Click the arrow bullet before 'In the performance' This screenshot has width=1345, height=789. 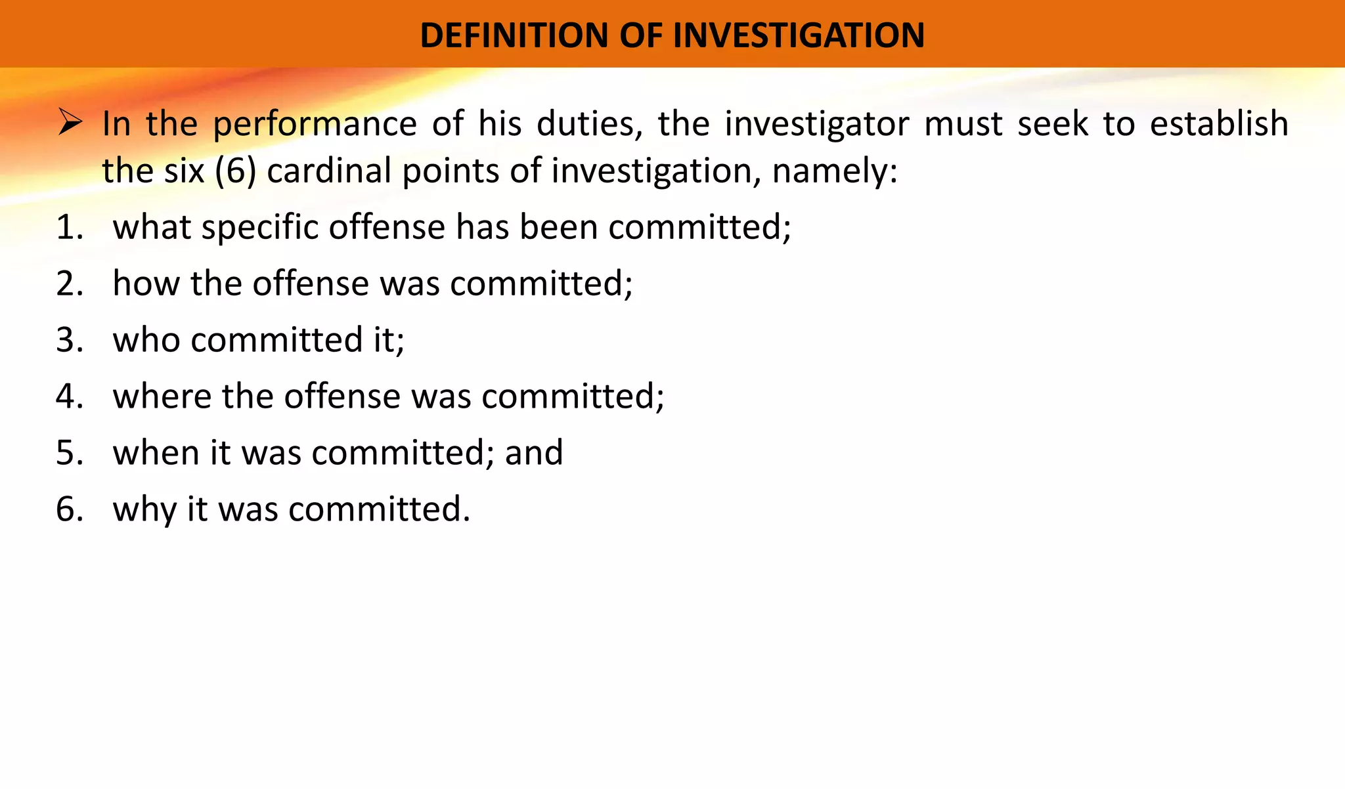[x=70, y=123]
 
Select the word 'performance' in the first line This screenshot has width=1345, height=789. [x=315, y=125]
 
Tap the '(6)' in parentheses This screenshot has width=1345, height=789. [x=235, y=171]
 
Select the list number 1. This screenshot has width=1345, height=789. [x=70, y=228]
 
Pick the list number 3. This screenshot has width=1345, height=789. [x=70, y=341]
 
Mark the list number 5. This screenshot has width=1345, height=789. [x=70, y=454]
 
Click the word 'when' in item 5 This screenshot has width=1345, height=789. [x=156, y=453]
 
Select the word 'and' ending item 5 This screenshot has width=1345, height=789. [x=533, y=453]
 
